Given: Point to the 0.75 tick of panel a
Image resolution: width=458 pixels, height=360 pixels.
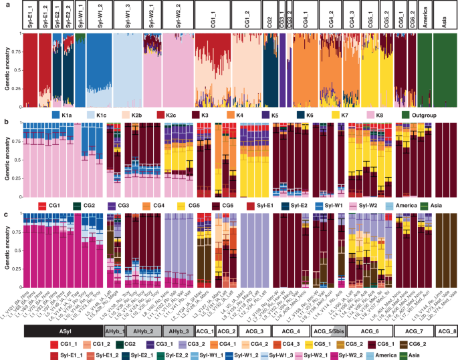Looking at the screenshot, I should pyautogui.click(x=18, y=50).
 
